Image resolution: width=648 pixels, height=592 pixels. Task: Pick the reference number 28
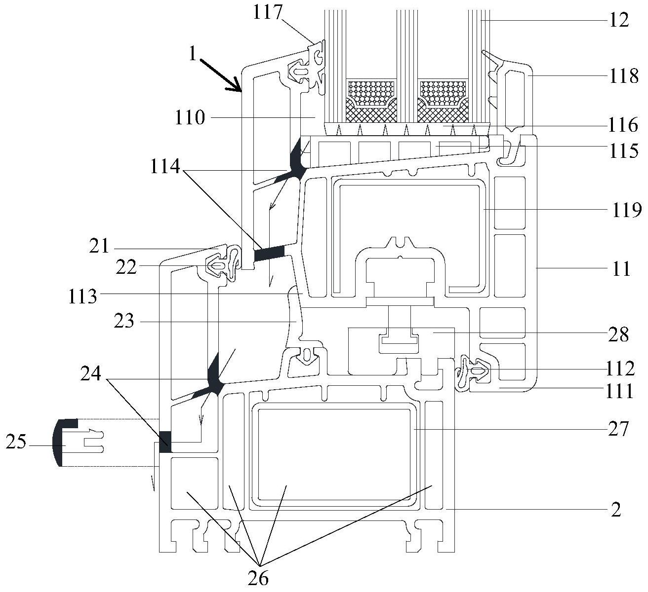pyautogui.click(x=618, y=334)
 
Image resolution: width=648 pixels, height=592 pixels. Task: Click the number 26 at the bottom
pyautogui.click(x=259, y=578)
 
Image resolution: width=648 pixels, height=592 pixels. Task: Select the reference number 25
pyautogui.click(x=16, y=443)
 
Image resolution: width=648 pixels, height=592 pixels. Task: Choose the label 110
pyautogui.click(x=189, y=118)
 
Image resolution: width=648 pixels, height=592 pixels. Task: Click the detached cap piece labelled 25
pyautogui.click(x=64, y=443)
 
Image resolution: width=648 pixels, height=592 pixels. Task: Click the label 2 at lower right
pyautogui.click(x=615, y=509)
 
